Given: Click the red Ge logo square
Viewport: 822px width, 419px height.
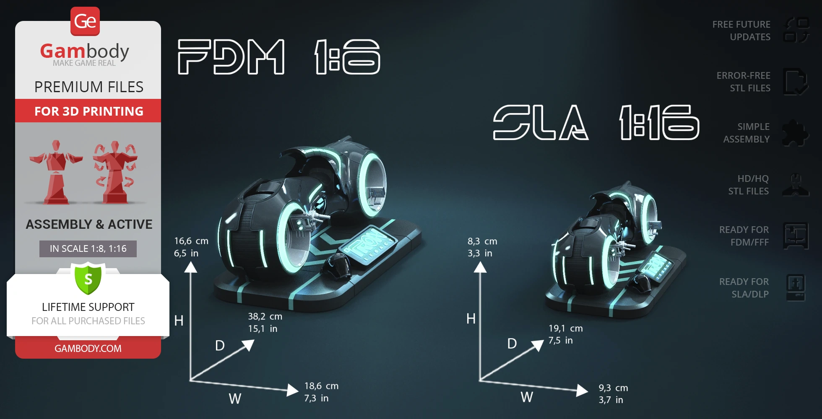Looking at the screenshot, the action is click(x=85, y=21).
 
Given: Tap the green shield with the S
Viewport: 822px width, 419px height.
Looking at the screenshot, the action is click(x=88, y=278).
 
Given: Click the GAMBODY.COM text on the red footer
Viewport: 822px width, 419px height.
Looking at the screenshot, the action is click(x=88, y=348).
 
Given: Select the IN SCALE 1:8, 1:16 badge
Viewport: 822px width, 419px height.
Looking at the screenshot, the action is click(x=88, y=248).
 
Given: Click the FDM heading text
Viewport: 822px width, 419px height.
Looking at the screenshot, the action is click(x=232, y=57).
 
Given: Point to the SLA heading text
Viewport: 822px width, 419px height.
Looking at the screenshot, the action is click(x=541, y=122).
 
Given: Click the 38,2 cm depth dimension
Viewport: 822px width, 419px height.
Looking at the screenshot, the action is click(x=265, y=316).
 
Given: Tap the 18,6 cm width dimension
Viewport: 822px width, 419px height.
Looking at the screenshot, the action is click(x=321, y=386).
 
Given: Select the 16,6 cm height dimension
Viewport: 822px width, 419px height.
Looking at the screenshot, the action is click(x=191, y=241).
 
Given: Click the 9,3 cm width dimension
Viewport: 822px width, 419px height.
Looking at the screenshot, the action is click(x=613, y=388).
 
